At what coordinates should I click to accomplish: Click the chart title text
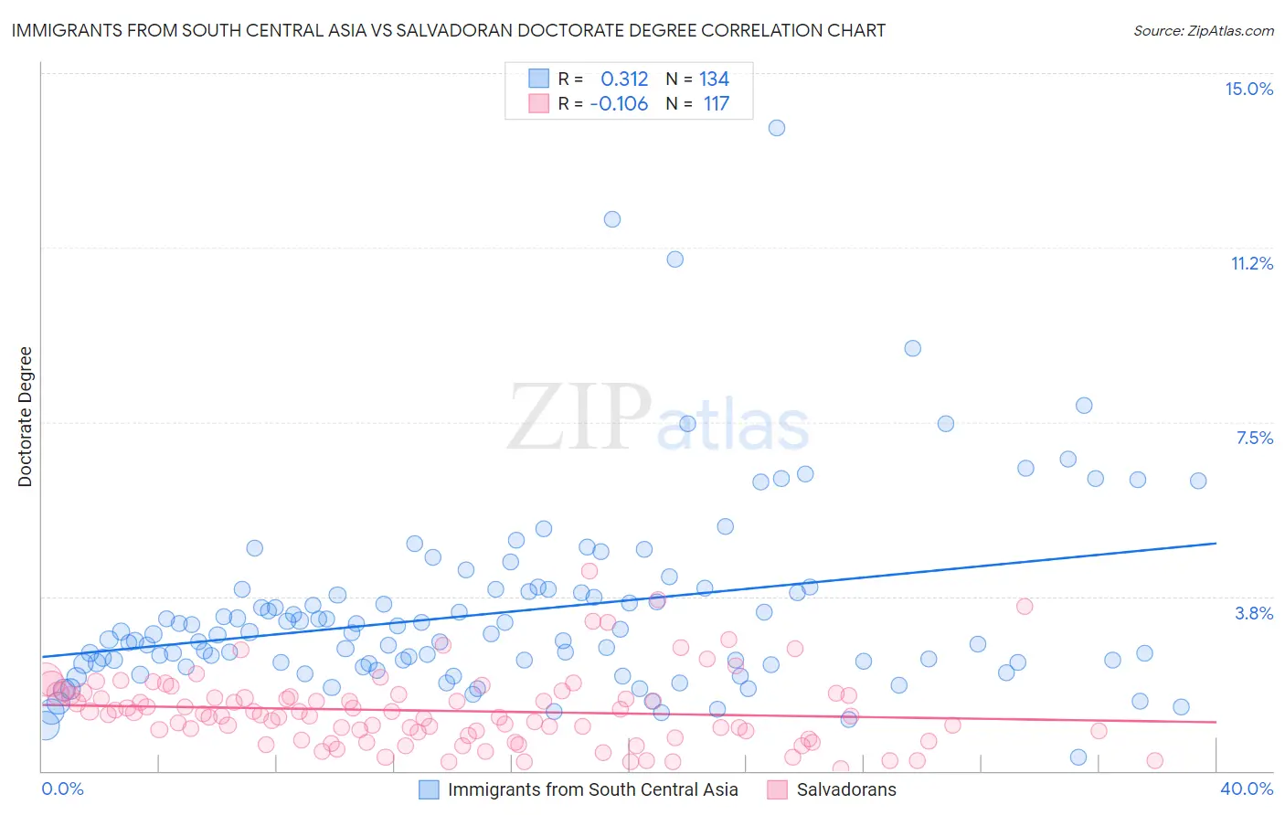448,30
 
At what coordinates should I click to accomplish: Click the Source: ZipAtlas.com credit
1203,30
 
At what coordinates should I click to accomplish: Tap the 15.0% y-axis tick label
1248,89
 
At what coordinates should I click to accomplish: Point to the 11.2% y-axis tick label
1251,263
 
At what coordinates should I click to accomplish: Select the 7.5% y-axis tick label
1254,438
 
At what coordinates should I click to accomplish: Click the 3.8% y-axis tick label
1254,613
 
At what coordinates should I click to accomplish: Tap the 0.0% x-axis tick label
62,789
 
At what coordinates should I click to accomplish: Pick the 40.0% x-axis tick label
1246,789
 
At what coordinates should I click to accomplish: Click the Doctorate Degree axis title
26,417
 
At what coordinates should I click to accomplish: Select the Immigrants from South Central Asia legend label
592,789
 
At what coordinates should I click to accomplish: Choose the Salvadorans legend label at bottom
846,789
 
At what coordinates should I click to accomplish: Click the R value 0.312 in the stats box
624,79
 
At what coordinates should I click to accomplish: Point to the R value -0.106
619,103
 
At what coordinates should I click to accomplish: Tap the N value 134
714,79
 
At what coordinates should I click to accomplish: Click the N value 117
716,103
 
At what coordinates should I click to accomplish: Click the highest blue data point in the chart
777,128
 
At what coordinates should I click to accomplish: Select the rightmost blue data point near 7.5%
1198,481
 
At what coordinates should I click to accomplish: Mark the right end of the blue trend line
1216,544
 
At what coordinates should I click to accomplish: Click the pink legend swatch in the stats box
539,103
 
